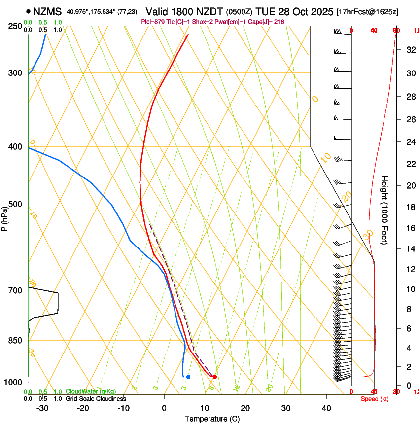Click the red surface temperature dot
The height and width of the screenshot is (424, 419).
pos(214,377)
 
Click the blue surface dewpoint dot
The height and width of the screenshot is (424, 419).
pos(188,377)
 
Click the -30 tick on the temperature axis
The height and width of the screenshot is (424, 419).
pos(42,408)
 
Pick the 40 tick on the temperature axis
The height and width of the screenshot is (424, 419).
pos(326,408)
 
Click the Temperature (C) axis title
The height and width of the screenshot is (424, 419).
pos(212,419)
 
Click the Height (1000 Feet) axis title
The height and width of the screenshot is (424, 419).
pos(384,210)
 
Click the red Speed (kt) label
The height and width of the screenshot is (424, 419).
pos(375,398)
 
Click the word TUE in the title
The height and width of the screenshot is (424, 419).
pos(267,11)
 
